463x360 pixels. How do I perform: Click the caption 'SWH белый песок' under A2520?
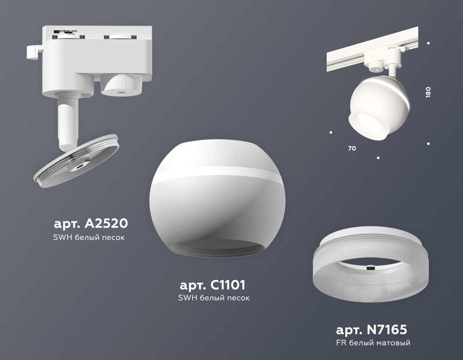(x=89, y=238)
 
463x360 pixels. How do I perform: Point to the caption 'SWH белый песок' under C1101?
(x=214, y=298)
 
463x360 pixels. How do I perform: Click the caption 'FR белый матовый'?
(x=373, y=343)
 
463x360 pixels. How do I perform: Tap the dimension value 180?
(x=428, y=92)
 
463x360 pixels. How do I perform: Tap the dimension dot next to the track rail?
(x=428, y=43)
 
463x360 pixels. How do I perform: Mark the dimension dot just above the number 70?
(x=331, y=132)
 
